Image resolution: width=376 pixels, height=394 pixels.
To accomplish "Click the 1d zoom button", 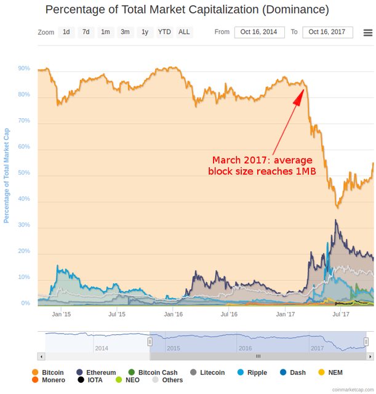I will click(66, 32).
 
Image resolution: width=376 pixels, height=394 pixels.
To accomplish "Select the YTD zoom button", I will click(164, 32).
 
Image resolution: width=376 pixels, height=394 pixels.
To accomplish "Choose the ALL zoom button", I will click(184, 32).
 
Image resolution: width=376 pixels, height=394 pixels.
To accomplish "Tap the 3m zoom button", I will click(125, 32).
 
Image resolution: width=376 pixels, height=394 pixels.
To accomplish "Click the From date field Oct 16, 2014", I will click(259, 32).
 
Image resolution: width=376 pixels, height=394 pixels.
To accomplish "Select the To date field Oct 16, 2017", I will click(327, 32).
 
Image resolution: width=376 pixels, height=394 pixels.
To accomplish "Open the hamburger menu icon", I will click(367, 33).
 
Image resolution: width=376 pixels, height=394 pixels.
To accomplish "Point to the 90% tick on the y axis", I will click(24, 69).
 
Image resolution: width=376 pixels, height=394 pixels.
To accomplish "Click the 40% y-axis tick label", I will click(24, 199).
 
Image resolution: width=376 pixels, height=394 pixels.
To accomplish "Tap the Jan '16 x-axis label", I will click(173, 314).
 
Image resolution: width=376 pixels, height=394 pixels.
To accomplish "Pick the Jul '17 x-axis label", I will click(341, 314).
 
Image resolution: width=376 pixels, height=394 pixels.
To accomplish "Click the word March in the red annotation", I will click(227, 159).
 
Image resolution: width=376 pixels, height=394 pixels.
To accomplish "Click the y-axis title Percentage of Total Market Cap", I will click(7, 176).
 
